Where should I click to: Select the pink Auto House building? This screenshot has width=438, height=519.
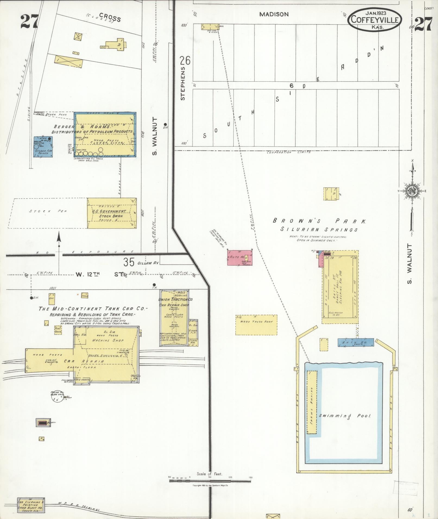pos(240,257)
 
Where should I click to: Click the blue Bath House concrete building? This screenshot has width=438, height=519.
pos(356,342)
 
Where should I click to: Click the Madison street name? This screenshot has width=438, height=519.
pos(274,14)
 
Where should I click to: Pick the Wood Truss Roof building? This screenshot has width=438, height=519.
pos(256,325)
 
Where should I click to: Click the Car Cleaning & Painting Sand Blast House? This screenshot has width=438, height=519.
pos(31,505)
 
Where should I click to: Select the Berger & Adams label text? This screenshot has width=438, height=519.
pos(82,127)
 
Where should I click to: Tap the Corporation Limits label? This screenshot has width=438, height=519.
pos(288,152)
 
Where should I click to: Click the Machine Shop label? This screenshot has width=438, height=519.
pos(108,340)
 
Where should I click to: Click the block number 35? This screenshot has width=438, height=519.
pos(129,262)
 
